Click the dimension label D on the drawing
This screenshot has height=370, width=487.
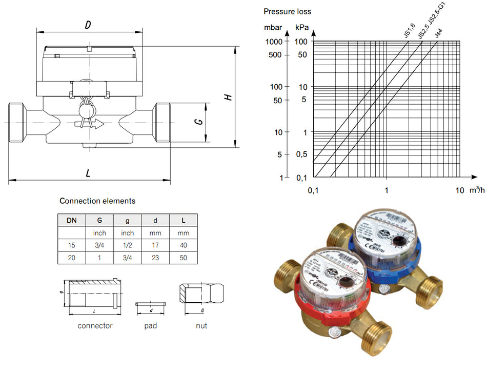coord(88,24)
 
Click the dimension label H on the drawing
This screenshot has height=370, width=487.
coord(229,97)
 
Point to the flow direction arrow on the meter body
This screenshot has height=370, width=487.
coord(89,124)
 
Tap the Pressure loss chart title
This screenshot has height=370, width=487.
coord(287,11)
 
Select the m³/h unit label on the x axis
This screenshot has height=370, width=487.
coord(477,190)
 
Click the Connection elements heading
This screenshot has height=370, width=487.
coord(97,201)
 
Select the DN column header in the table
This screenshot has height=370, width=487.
coord(71,220)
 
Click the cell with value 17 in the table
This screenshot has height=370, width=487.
coord(155,246)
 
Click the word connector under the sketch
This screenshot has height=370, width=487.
coord(95,325)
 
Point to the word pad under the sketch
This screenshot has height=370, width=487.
coord(151,325)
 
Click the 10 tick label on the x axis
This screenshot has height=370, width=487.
coord(460,190)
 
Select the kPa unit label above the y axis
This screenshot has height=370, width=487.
coord(302,27)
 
